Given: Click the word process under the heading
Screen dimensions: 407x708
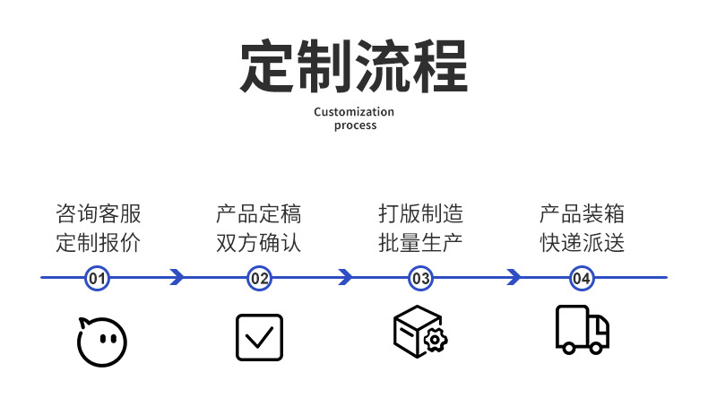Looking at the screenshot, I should click(355, 126).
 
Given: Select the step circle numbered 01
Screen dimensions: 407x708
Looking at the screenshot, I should click(98, 278).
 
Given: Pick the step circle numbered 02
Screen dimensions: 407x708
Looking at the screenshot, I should click(259, 278).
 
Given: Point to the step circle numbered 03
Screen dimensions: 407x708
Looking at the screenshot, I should click(420, 278).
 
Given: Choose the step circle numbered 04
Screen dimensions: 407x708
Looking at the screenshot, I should click(581, 278).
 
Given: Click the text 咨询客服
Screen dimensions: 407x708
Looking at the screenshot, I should click(98, 214).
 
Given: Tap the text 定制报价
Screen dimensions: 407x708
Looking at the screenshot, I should click(98, 242).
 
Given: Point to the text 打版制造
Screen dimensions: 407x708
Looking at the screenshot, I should click(419, 214).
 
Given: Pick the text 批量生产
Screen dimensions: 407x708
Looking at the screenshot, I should click(419, 242).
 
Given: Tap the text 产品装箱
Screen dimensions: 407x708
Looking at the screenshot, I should click(581, 214).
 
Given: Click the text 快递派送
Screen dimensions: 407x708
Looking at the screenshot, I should click(581, 242).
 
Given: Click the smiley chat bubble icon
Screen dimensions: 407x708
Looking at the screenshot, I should click(100, 341).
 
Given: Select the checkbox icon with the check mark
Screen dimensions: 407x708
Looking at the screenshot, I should click(259, 337).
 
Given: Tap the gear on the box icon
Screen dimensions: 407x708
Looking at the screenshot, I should click(436, 341).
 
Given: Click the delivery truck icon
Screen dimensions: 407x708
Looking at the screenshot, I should click(582, 330).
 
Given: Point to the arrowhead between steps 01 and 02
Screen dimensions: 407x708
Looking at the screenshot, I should click(177, 278).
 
